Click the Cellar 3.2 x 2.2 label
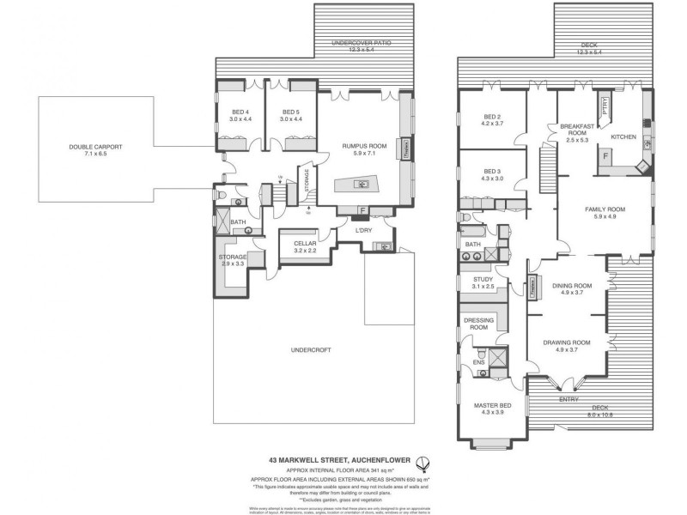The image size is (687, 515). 306,247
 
